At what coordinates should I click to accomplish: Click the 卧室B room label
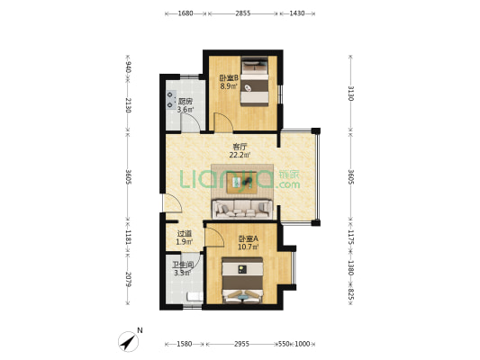tap(229, 78)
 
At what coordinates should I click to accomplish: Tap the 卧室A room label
tap(249, 238)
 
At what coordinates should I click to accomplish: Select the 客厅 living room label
tap(240, 147)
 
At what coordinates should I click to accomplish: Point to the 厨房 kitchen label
tap(186, 101)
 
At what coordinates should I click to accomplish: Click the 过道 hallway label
tap(185, 234)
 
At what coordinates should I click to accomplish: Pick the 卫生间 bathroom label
tap(183, 265)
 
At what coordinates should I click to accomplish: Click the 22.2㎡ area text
tap(240, 155)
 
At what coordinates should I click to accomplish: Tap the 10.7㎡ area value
tap(249, 247)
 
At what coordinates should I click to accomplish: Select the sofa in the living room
tap(242, 209)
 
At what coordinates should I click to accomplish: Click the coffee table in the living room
tap(242, 183)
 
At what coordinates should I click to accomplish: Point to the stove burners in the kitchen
tap(170, 100)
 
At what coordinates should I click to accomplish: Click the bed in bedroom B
tap(255, 82)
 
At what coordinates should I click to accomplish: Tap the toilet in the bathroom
tap(195, 296)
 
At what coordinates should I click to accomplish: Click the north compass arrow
tap(129, 342)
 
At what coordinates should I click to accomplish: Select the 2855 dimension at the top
tap(243, 13)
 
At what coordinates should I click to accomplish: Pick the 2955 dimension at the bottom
tap(241, 344)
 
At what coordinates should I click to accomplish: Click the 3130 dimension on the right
tap(351, 94)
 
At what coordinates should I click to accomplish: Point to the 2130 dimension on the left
tap(128, 105)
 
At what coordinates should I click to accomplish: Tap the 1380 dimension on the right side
tap(351, 268)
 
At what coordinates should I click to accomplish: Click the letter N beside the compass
tap(140, 330)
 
